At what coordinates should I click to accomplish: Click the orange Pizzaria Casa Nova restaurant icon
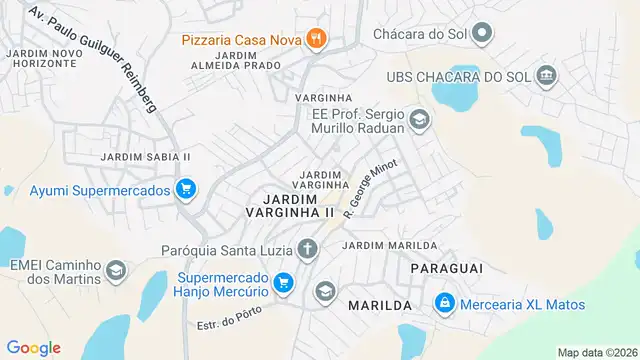[317, 39]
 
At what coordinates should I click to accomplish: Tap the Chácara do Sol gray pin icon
[482, 34]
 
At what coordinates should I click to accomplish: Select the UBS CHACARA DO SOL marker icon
[546, 76]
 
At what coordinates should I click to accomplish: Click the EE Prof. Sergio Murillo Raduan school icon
[419, 120]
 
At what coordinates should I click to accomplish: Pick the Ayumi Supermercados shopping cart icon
[185, 189]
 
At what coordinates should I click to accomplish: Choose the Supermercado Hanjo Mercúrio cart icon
[283, 283]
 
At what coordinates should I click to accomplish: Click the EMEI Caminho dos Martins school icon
[117, 271]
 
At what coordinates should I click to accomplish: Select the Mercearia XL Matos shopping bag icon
[444, 303]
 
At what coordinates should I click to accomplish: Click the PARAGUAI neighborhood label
[447, 268]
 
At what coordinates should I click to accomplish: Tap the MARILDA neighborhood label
[380, 304]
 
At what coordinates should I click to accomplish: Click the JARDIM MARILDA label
[389, 245]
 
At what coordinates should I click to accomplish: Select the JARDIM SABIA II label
[145, 157]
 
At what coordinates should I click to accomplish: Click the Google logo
[33, 347]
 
